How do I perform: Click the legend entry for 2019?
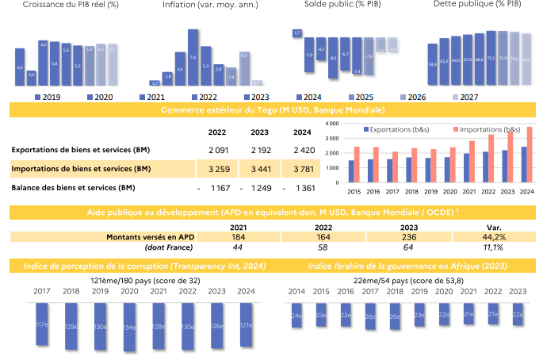tap(48, 97)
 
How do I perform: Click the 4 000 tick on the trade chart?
tap(332, 124)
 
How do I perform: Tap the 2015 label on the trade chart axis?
tap(351, 190)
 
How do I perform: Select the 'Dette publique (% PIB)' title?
tap(477, 5)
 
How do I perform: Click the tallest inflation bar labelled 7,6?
tap(193, 57)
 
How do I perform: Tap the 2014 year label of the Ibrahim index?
tap(296, 292)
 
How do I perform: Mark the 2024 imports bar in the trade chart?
tap(530, 154)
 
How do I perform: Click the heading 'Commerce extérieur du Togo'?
tap(273, 109)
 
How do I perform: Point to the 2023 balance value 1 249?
tap(258, 188)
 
